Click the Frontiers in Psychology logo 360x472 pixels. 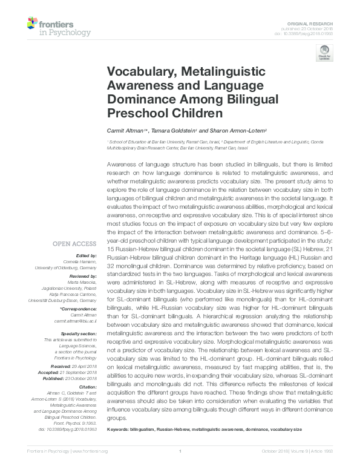tap(59, 27)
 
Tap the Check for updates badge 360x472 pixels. tap(324, 53)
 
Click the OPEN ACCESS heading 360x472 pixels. tap(74, 244)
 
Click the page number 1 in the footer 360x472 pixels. tap(180, 467)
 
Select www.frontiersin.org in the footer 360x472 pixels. tap(91, 467)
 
